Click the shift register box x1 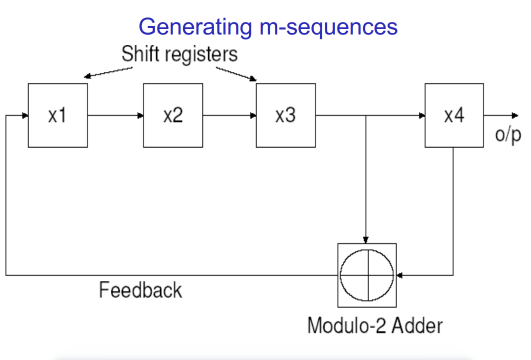[57, 115]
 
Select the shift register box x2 [173, 115]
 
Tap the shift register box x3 [285, 115]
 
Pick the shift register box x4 [454, 115]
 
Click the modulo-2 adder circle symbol [367, 275]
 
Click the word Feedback [140, 290]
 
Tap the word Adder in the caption [417, 325]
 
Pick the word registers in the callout [202, 53]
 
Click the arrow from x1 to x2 [115, 115]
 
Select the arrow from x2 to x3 [229, 115]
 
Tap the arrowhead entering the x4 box [422, 115]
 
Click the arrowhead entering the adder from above [366, 239]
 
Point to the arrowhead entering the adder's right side [399, 275]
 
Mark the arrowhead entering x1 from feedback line [25, 115]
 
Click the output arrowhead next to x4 [515, 115]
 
